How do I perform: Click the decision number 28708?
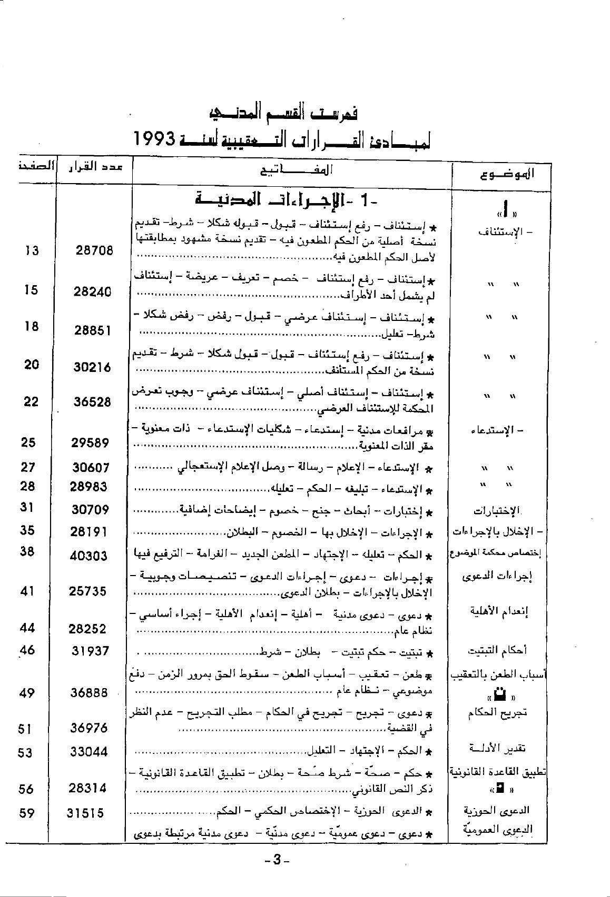click(94, 250)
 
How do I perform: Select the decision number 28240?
click(93, 291)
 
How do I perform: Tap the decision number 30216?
click(92, 367)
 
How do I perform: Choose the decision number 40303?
click(88, 556)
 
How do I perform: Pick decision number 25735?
click(87, 591)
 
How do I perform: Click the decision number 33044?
click(88, 752)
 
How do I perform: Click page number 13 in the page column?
click(32, 250)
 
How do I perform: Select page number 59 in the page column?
click(26, 813)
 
